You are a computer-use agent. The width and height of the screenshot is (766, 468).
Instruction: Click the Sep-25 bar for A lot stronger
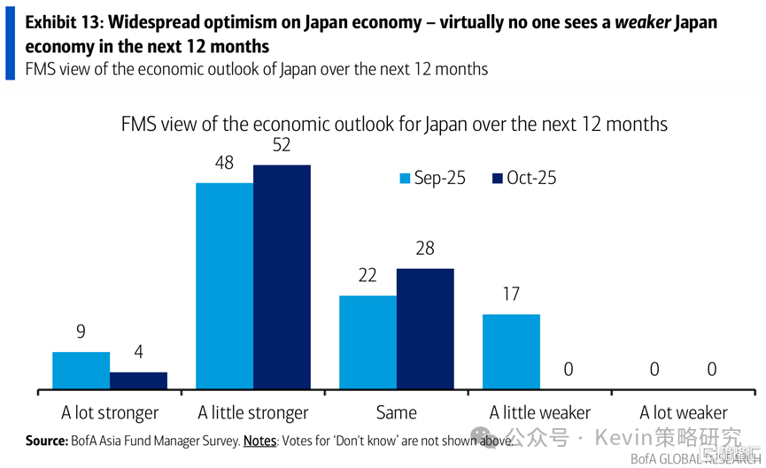[81, 371]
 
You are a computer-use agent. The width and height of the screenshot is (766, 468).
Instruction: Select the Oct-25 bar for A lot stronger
[138, 380]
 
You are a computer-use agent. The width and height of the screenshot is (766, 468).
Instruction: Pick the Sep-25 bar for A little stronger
[224, 286]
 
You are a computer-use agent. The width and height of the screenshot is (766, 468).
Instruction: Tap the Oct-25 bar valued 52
[282, 277]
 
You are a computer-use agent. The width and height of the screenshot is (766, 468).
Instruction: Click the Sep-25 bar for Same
[368, 342]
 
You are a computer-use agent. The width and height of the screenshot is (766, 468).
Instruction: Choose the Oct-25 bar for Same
[425, 329]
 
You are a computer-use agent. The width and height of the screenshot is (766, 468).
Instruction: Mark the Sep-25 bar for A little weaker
[511, 352]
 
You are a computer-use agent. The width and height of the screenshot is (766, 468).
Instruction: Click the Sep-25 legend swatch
[405, 179]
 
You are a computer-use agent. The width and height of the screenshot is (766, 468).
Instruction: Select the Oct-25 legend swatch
[498, 179]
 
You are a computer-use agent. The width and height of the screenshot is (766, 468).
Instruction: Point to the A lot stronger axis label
[110, 412]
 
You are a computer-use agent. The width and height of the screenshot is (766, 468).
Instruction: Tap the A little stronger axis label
[253, 412]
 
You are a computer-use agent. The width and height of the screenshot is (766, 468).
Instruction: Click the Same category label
[396, 412]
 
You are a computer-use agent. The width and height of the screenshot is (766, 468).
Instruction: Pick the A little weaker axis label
[540, 412]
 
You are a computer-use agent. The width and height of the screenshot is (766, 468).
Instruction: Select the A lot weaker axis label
[684, 412]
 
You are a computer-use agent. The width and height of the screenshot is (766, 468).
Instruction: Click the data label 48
[224, 164]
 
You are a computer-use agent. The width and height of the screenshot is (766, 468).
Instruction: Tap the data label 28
[425, 249]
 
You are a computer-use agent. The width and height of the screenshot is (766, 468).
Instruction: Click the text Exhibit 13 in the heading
[62, 21]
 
